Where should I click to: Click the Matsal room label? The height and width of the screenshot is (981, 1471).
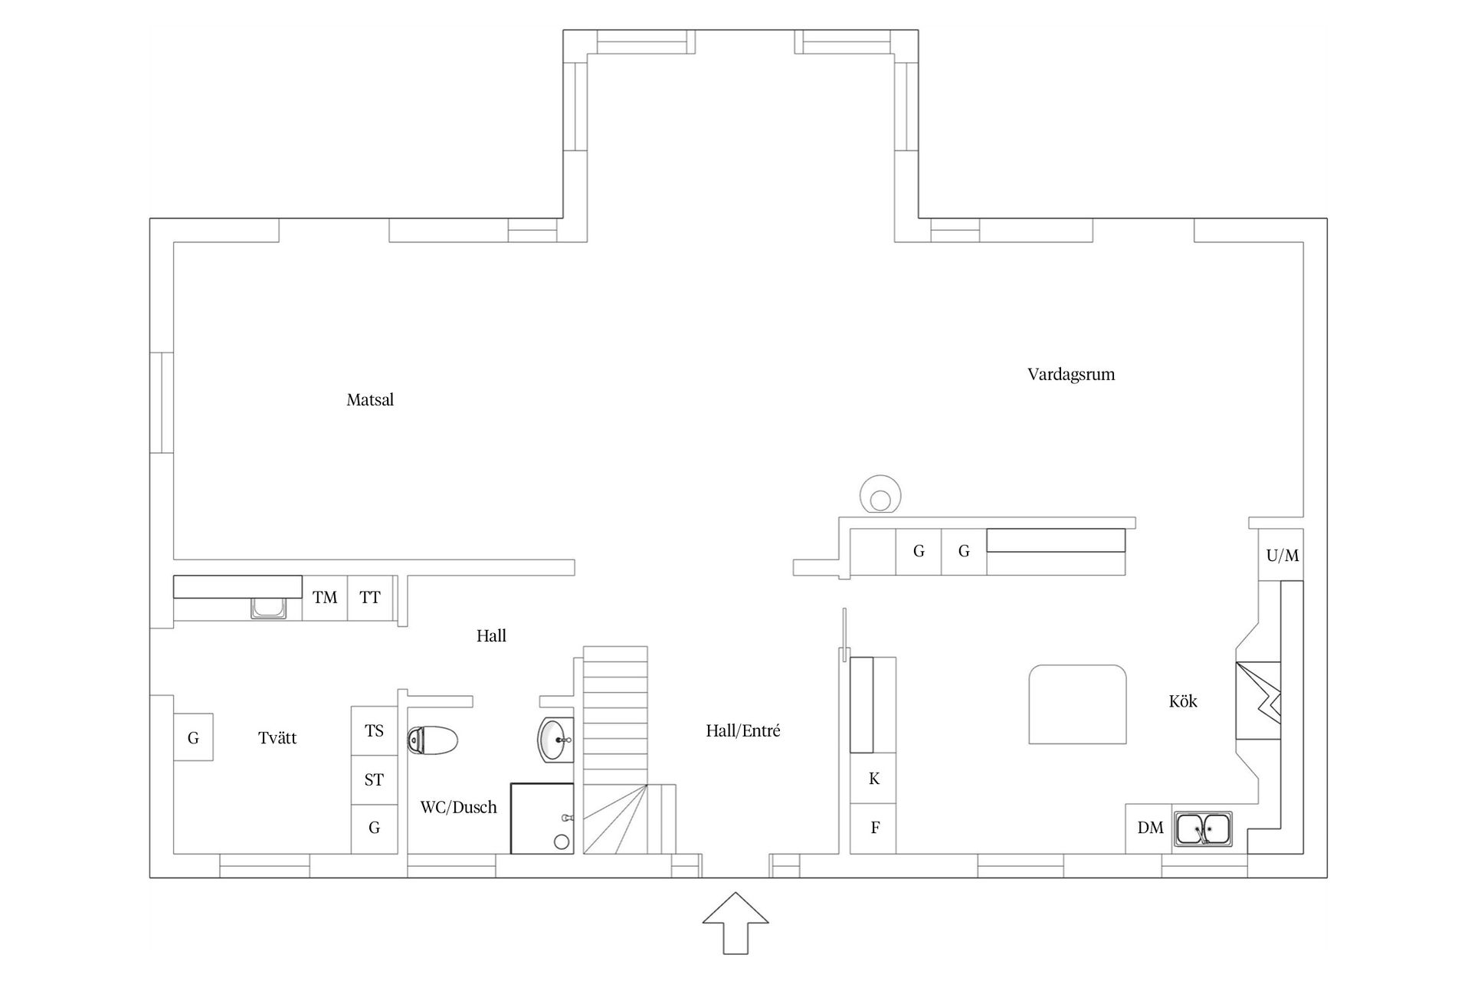[x=370, y=400]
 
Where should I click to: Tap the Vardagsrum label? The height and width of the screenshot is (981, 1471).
[x=1070, y=375]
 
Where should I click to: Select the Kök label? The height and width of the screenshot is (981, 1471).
[x=1182, y=701]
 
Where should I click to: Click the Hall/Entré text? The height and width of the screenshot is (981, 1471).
[x=742, y=731]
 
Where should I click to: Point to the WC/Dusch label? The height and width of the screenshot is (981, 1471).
[x=458, y=807]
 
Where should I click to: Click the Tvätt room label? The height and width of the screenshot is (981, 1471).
[x=277, y=738]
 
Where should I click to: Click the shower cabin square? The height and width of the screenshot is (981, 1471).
[x=542, y=818]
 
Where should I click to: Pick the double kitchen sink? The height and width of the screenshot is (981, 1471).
[x=1203, y=829]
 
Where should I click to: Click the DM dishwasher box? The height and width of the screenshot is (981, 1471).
[x=1149, y=828]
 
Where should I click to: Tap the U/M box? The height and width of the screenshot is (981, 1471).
[x=1282, y=556]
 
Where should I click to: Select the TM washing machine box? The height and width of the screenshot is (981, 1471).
[x=325, y=598]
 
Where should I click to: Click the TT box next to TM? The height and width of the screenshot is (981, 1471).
[x=370, y=598]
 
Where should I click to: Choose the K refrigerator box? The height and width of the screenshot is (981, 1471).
[x=873, y=779]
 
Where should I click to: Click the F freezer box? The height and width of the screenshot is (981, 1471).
[x=874, y=828]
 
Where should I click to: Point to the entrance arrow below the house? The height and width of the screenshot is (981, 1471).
[x=735, y=924]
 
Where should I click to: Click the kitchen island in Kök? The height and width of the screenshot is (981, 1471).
[x=1077, y=704]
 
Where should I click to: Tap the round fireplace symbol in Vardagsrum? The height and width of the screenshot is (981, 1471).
[x=880, y=495]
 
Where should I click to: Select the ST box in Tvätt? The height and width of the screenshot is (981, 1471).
[x=374, y=780]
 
